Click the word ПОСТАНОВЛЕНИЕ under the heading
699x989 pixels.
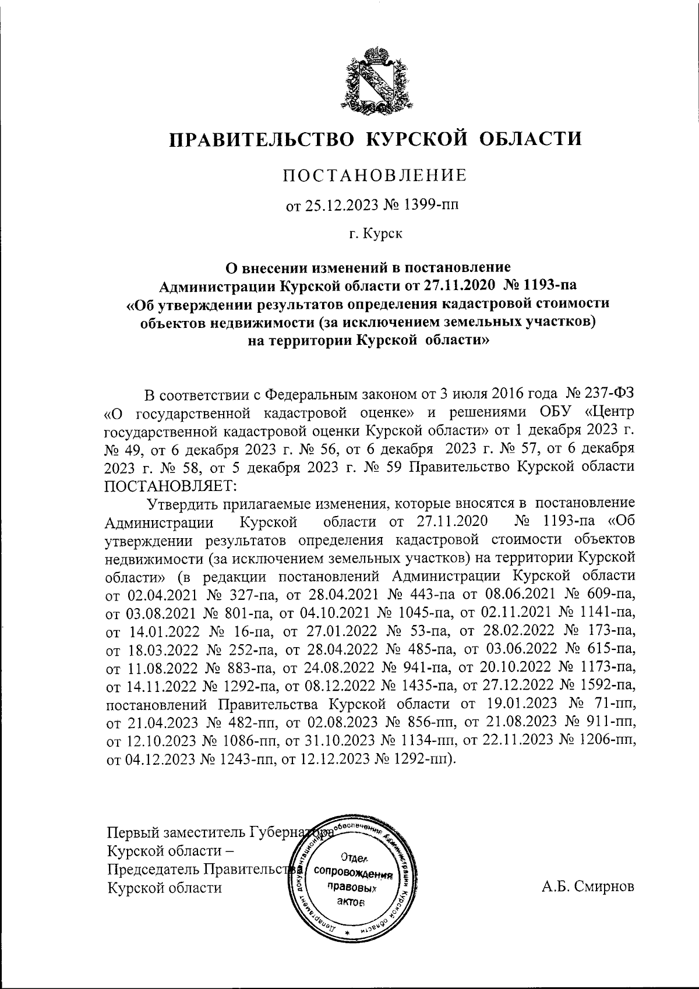click(375, 175)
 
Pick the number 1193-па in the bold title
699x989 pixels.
click(547, 285)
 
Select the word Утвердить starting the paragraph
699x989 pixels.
click(185, 502)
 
